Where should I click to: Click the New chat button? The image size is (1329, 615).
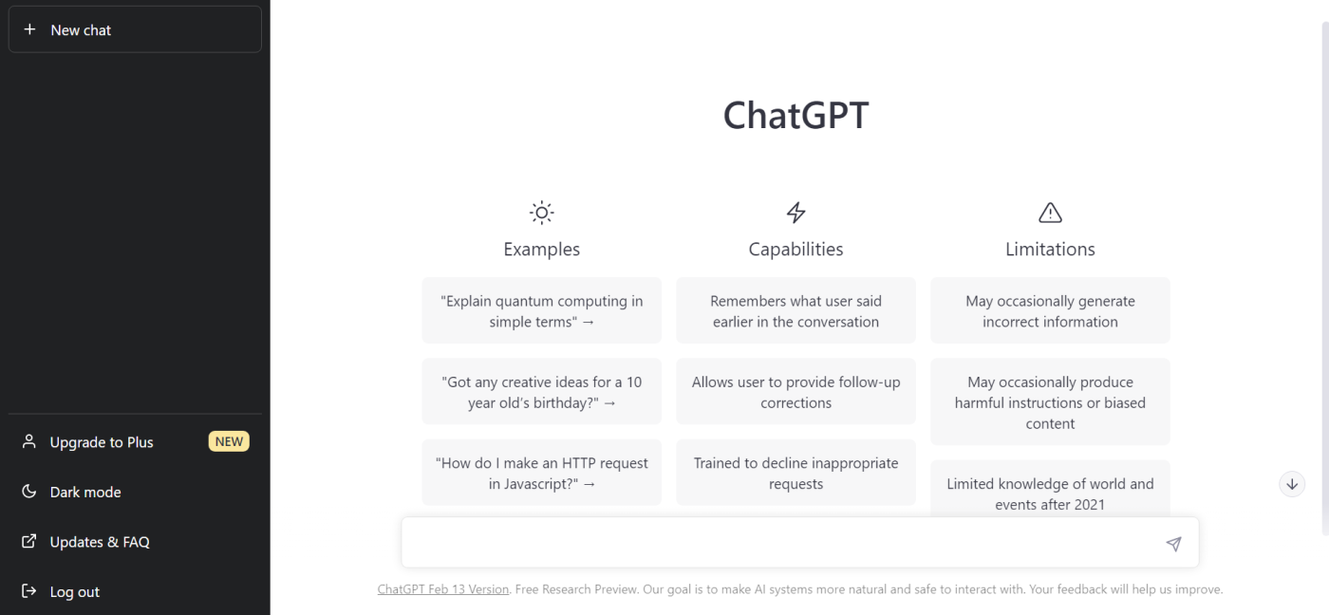tap(135, 29)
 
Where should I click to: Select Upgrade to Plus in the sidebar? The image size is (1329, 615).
tap(102, 442)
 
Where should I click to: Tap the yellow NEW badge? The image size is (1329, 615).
tap(229, 441)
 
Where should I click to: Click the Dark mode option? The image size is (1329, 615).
tap(85, 492)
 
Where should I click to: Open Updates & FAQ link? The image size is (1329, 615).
tap(100, 542)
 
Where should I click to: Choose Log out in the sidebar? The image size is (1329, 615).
tap(75, 591)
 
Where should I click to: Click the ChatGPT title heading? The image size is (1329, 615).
tap(796, 115)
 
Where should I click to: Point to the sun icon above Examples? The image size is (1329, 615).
tap(542, 213)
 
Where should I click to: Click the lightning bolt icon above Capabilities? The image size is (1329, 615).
tap(796, 213)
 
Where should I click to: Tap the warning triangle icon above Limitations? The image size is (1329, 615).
tap(1050, 213)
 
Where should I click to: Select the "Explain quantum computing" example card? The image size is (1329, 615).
tap(542, 310)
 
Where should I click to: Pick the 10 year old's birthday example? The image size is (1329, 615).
tap(542, 391)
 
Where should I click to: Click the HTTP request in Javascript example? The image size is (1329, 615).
tap(542, 473)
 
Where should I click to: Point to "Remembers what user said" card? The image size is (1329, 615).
tap(796, 310)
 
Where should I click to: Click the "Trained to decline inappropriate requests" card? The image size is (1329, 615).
tap(796, 473)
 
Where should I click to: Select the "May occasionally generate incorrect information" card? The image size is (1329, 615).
tap(1050, 310)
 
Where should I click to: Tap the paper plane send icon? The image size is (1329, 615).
tap(1173, 544)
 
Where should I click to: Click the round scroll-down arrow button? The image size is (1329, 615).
tap(1292, 484)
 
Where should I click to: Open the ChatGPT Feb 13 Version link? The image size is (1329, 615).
tap(443, 589)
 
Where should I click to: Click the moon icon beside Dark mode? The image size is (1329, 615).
tap(28, 491)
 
